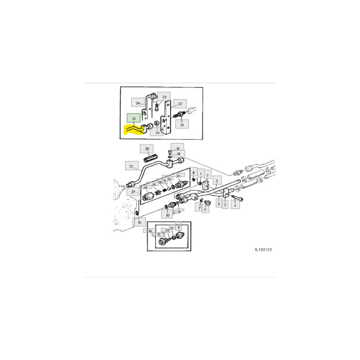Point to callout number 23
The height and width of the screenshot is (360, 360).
point(165,97)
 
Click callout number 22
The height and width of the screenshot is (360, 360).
point(179,103)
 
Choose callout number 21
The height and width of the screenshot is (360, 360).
point(184,124)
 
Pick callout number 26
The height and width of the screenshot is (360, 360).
point(157,132)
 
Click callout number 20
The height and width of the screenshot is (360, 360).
point(148,149)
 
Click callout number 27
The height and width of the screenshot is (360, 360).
point(133,192)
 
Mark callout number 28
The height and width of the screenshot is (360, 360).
point(153,185)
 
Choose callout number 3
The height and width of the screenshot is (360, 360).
point(217,181)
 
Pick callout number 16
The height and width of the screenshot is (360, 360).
point(150,231)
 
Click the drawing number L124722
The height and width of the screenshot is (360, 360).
point(263,249)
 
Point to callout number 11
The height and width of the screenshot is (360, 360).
point(178,226)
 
